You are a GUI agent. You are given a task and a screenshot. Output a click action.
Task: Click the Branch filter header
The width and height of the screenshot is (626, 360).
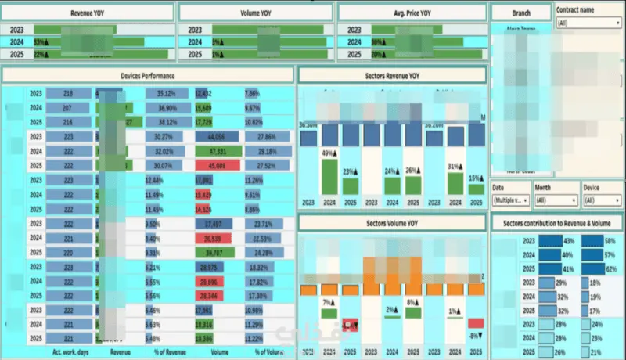coord(520,13)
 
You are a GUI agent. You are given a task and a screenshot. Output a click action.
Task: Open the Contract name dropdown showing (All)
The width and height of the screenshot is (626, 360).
coord(588,23)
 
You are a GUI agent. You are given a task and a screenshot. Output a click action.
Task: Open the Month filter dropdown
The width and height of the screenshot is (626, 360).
coord(556,200)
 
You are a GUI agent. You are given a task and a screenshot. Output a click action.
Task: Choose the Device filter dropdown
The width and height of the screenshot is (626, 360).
coord(602,200)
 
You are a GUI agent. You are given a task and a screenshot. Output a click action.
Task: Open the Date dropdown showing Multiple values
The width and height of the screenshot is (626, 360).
coord(510,200)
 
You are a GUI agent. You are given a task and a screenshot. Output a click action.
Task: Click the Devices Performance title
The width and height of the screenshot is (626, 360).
coord(148,75)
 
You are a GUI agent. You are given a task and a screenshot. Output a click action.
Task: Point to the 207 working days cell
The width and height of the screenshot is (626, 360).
coord(68,107)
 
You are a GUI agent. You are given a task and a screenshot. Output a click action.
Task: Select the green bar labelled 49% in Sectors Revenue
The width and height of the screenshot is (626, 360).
coord(329,177)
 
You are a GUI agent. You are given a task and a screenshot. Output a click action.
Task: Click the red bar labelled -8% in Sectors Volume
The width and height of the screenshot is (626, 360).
coord(476,324)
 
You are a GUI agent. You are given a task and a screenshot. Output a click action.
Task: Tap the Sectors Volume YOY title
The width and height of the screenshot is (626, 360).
coord(392,223)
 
